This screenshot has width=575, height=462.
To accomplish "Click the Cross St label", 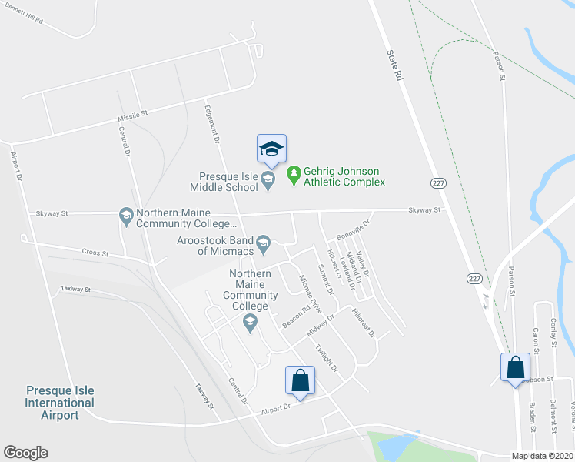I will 95,253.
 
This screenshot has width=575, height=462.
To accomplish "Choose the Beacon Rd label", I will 295,310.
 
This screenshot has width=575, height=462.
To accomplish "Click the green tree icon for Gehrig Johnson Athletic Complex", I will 293,176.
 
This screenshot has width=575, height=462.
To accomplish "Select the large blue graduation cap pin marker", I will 271,149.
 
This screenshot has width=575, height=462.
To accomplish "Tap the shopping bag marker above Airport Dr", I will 300,380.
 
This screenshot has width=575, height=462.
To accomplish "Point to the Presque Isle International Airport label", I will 60,403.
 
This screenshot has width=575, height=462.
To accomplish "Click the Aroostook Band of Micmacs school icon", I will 263,243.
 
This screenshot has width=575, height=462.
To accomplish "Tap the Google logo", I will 25,453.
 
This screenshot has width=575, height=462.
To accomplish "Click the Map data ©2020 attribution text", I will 542,456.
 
